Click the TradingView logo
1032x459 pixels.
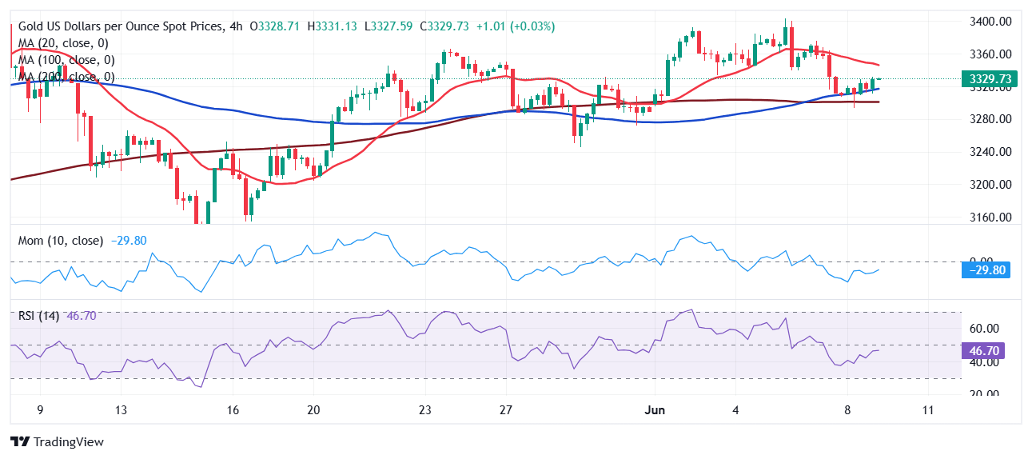[57, 441]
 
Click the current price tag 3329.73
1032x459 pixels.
[990, 78]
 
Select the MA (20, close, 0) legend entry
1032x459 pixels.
[63, 43]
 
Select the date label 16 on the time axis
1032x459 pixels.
[233, 410]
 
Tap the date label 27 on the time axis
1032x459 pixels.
[506, 410]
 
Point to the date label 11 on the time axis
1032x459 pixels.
[927, 410]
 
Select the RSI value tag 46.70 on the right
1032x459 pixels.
[990, 351]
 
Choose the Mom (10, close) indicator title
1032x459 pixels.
[61, 241]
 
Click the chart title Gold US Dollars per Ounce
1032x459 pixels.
[120, 26]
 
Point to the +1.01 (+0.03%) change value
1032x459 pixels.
[515, 26]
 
